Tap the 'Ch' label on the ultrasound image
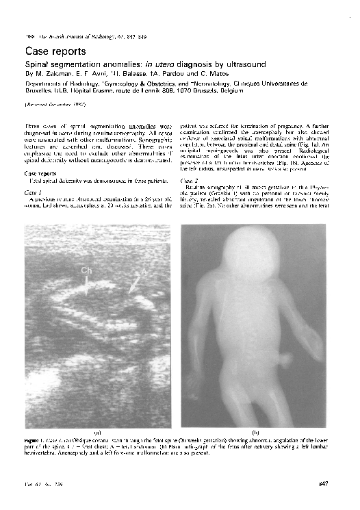(87, 271)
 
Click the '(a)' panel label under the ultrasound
(97, 432)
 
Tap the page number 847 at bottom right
(324, 485)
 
